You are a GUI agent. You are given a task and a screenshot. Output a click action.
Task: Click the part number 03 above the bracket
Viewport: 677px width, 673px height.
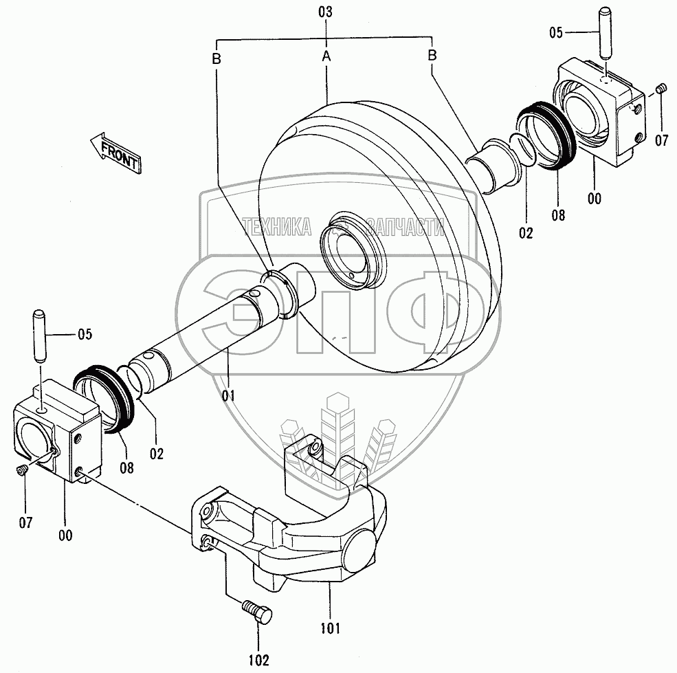pos(326,12)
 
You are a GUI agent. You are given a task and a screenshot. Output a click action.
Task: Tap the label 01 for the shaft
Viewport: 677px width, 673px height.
pos(228,395)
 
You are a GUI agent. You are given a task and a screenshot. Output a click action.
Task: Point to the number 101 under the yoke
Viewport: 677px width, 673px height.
pos(330,626)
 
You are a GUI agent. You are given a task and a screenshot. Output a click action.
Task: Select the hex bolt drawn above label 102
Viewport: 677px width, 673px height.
pos(258,611)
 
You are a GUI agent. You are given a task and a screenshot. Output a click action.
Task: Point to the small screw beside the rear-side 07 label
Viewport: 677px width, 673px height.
pos(662,89)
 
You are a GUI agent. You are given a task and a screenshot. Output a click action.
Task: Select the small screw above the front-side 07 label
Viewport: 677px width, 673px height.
pos(21,470)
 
